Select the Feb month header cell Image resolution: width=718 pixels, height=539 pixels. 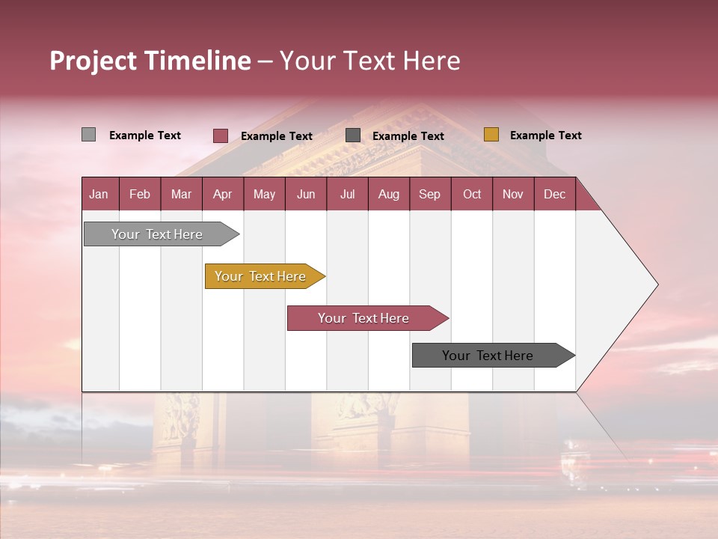[140, 194]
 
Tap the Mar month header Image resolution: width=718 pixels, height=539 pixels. [181, 194]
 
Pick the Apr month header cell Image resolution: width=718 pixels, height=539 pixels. [223, 194]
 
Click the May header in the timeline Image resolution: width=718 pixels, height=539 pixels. [264, 194]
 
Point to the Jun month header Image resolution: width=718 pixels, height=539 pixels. [306, 194]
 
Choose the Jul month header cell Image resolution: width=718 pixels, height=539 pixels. [347, 194]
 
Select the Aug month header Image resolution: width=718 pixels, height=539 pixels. [389, 194]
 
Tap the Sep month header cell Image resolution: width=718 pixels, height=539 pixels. [430, 194]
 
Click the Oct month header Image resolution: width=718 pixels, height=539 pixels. [472, 194]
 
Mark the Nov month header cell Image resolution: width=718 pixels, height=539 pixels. [513, 194]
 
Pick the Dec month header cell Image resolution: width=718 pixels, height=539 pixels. [555, 194]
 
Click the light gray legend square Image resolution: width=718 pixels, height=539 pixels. [88, 135]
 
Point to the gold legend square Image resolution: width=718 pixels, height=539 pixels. [491, 135]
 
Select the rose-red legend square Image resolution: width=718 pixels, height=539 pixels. [221, 135]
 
